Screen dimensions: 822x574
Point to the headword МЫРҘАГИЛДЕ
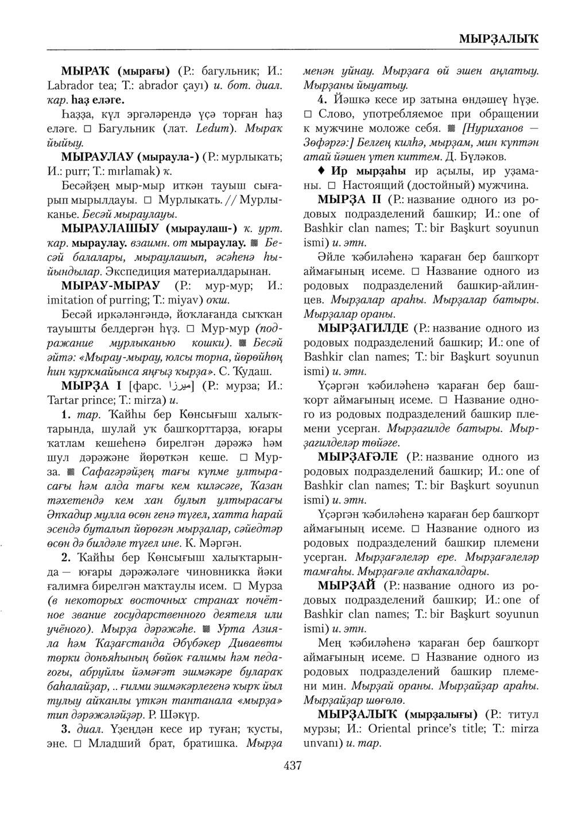(363, 328)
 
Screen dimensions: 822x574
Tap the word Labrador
(67, 86)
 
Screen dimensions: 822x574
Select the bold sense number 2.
(65, 557)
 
